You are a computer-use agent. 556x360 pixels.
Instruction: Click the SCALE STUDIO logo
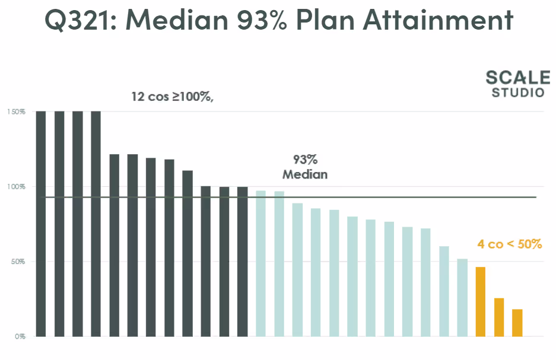(514, 84)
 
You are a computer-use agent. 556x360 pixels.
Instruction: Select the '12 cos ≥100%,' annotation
(172, 95)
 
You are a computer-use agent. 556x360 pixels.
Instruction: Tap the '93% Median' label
(305, 167)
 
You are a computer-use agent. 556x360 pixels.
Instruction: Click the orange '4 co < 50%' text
(509, 244)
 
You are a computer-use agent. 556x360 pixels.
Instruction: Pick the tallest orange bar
(481, 301)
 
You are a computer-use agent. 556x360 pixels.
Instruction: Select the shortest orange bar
(517, 323)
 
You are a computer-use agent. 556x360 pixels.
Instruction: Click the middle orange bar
(499, 317)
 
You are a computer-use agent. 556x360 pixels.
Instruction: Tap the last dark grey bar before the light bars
(242, 262)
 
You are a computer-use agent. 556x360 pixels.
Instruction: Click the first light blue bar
(260, 263)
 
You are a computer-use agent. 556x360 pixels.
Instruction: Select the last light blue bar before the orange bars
(462, 297)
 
